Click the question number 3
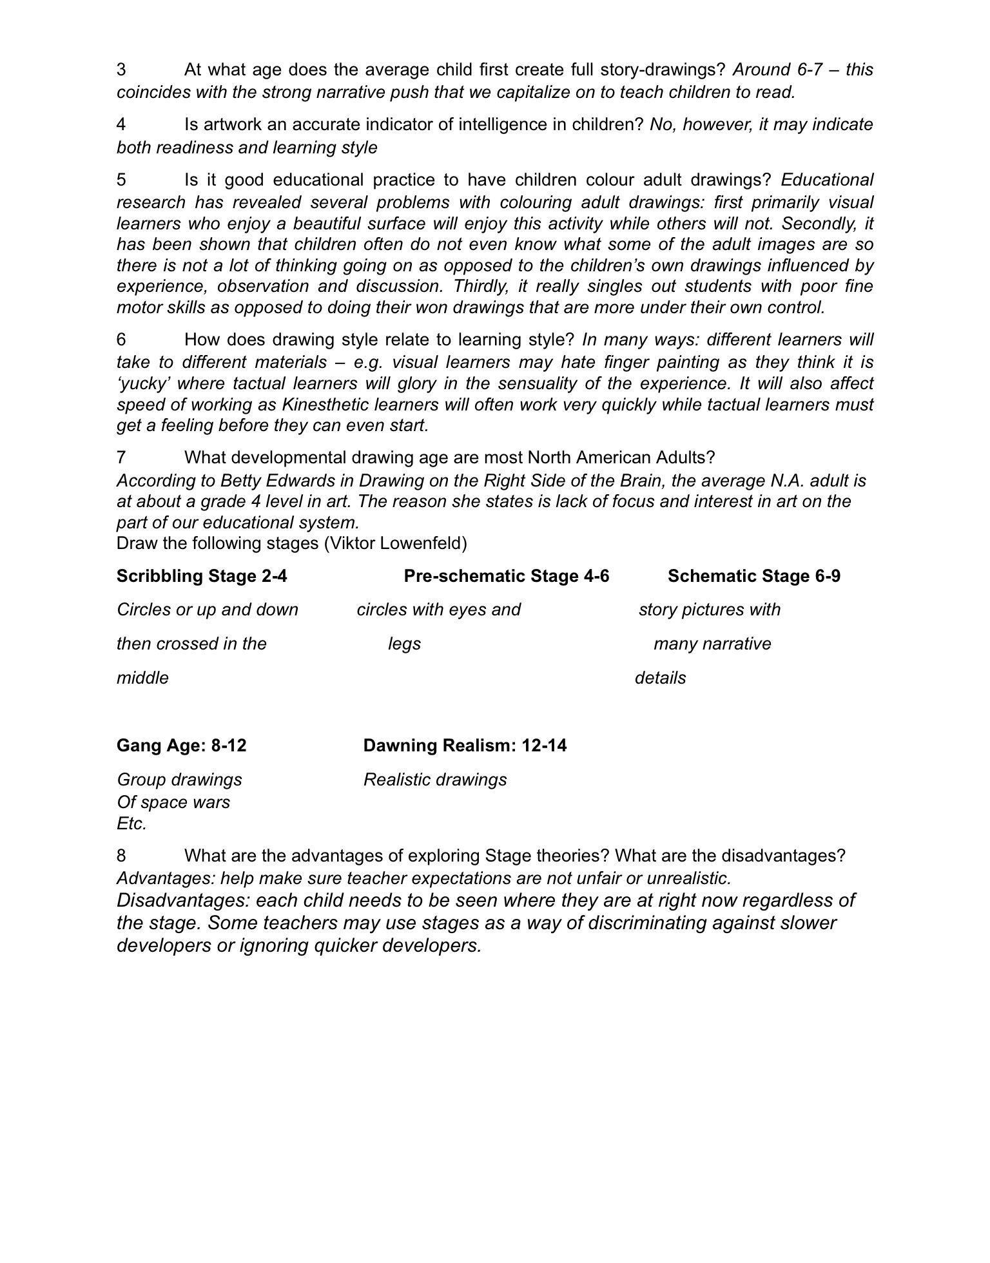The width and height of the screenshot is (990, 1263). point(121,70)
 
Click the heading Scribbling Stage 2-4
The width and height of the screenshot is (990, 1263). point(202,575)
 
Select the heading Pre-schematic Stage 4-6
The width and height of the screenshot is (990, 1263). point(506,575)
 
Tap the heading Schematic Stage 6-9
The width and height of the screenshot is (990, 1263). point(753,575)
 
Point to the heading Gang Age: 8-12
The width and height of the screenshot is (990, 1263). point(181,746)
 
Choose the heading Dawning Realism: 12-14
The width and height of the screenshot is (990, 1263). point(465,746)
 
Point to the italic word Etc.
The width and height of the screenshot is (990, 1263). point(131,824)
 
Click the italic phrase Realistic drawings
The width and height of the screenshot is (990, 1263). point(435,780)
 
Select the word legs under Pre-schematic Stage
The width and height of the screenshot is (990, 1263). point(404,644)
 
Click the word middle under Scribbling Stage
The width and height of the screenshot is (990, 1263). point(142,678)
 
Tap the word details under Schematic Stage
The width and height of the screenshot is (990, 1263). point(660,678)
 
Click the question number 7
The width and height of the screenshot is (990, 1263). point(121,458)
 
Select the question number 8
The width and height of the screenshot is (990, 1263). point(121,856)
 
